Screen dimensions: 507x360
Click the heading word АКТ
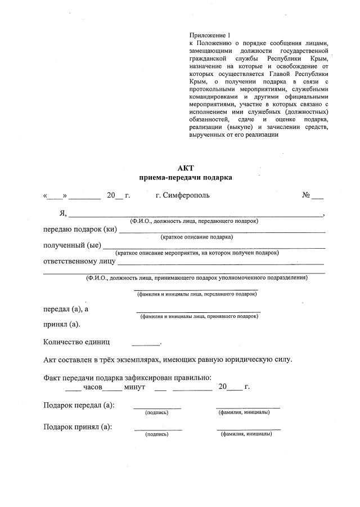point(185,168)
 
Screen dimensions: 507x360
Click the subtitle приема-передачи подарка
point(185,177)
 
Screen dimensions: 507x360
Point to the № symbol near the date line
point(307,196)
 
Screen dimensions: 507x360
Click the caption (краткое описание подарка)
point(196,237)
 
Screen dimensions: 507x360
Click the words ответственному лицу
point(79,261)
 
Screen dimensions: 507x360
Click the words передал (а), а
point(66,309)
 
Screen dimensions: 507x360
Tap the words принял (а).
point(61,324)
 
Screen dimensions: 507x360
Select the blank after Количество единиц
point(146,343)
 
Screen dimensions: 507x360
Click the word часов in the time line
point(93,387)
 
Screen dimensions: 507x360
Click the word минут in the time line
point(134,387)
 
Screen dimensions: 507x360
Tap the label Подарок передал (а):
point(78,406)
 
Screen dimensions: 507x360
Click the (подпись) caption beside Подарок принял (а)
point(157,434)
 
